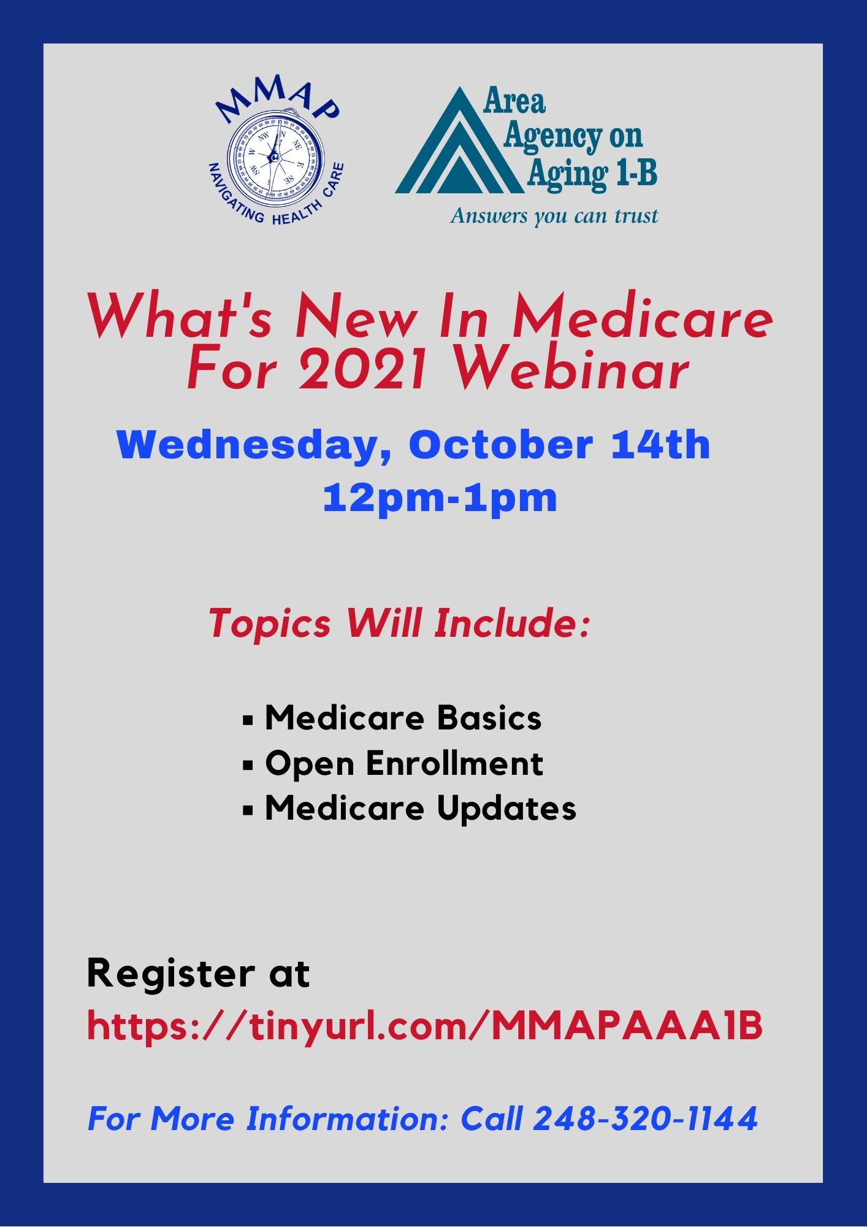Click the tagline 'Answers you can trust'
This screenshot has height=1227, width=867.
(x=554, y=216)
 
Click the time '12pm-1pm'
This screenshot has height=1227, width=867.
(x=440, y=498)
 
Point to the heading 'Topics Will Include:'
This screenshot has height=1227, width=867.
(x=399, y=623)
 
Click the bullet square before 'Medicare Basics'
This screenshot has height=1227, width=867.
(x=248, y=720)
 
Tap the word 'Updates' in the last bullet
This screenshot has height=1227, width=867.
(x=506, y=809)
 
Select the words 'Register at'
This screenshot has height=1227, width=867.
(x=198, y=973)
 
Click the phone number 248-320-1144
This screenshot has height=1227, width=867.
(x=646, y=1118)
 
